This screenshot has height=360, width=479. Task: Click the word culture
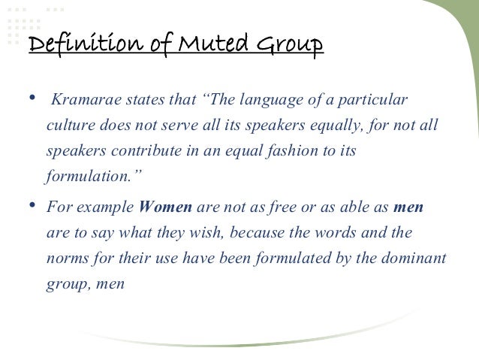[70, 125]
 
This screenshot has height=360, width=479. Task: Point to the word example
[111, 207]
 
